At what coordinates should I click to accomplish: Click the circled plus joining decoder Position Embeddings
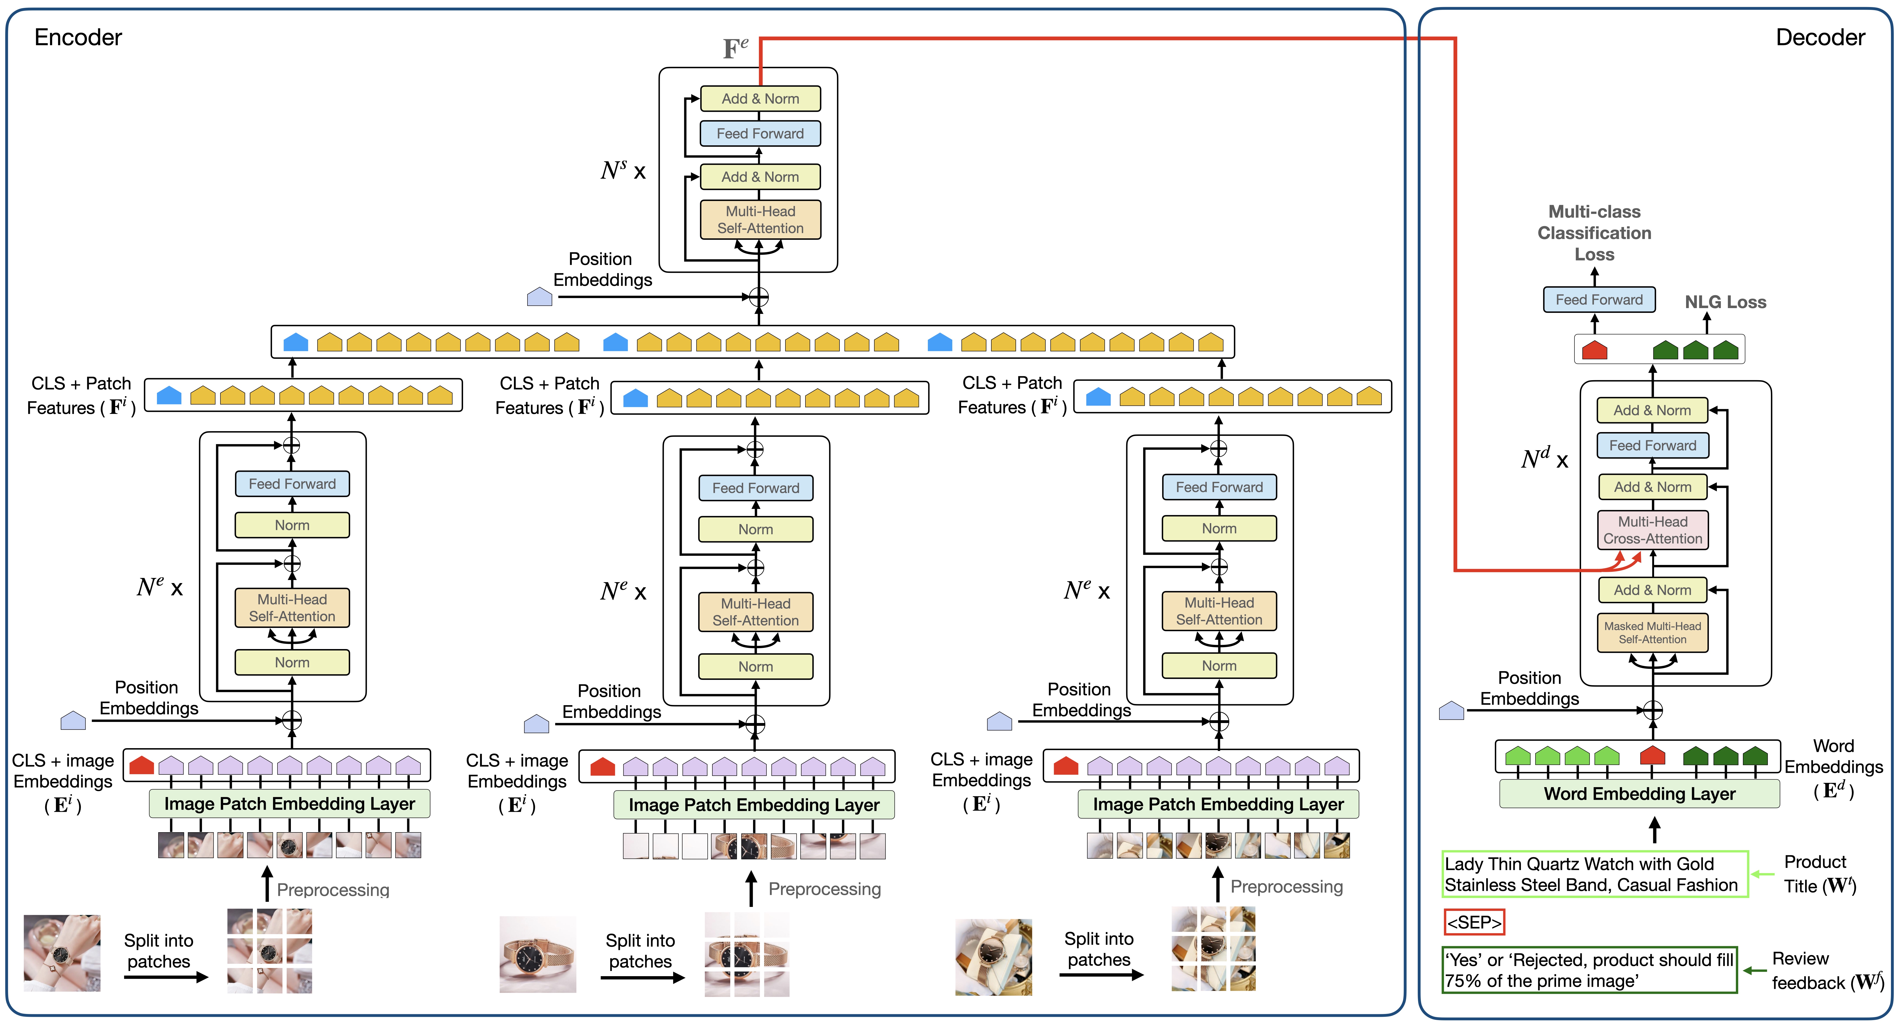pyautogui.click(x=1653, y=710)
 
